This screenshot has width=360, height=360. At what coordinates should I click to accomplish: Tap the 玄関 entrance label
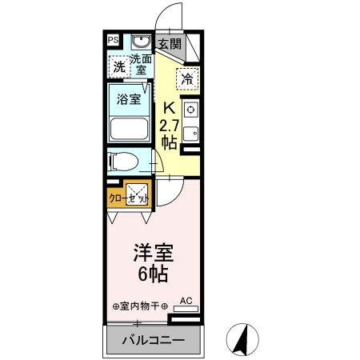tap(168, 44)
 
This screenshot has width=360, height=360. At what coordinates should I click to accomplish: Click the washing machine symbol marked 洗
tap(118, 67)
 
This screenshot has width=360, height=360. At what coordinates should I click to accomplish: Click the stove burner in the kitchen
tap(191, 110)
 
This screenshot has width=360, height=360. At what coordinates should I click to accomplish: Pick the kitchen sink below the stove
tap(191, 132)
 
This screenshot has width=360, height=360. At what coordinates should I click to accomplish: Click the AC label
tap(186, 300)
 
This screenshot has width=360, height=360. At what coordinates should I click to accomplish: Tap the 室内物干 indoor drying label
tap(139, 306)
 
